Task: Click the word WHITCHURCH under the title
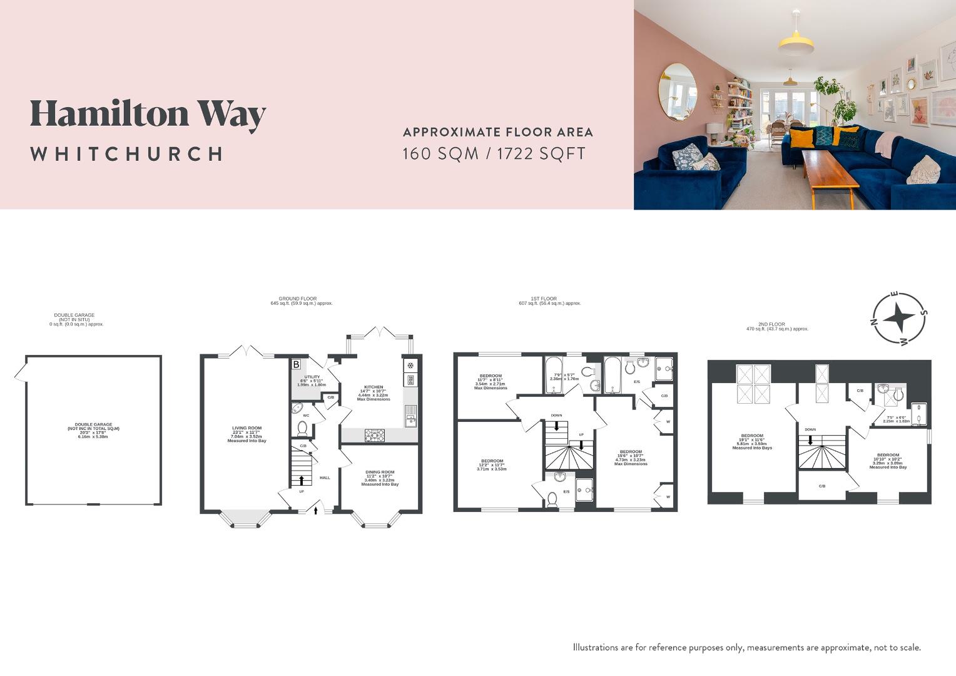click(x=126, y=154)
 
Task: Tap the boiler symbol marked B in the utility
click(x=296, y=364)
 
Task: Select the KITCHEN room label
click(x=374, y=387)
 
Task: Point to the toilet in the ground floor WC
click(x=302, y=428)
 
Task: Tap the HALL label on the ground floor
click(x=325, y=478)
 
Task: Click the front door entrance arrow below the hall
click(x=315, y=510)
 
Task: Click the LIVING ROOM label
click(x=247, y=428)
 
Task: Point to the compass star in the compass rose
click(x=898, y=319)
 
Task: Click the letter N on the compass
click(x=874, y=323)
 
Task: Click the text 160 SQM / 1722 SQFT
click(x=494, y=153)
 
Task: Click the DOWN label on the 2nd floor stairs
click(x=810, y=429)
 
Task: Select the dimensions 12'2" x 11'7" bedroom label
click(x=492, y=464)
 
